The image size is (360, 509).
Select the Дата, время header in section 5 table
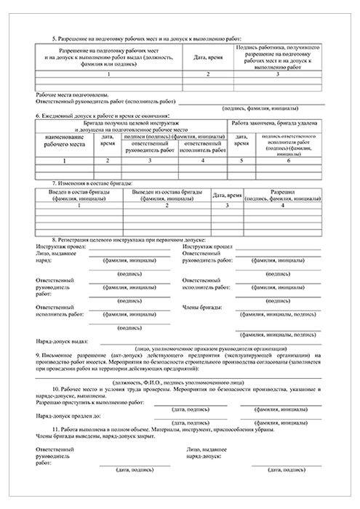[207, 56]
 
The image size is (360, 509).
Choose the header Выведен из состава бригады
[167, 193]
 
